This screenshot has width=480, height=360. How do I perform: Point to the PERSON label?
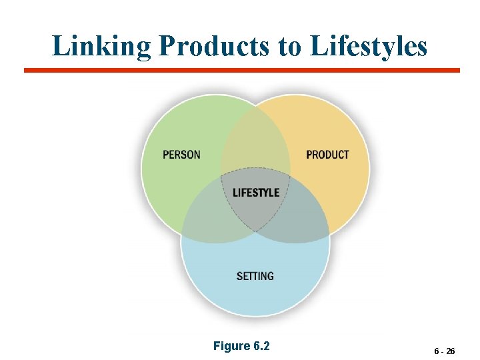181,155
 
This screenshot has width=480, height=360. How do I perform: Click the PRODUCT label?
327,155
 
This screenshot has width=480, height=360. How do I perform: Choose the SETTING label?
255,275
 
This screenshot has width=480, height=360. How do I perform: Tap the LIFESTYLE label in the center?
255,193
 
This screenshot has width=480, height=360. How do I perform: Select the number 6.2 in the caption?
261,346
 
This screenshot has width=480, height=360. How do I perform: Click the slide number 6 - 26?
444,351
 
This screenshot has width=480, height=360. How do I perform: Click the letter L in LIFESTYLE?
235,193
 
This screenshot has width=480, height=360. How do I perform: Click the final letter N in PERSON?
197,155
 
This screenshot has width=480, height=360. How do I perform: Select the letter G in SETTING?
270,275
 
